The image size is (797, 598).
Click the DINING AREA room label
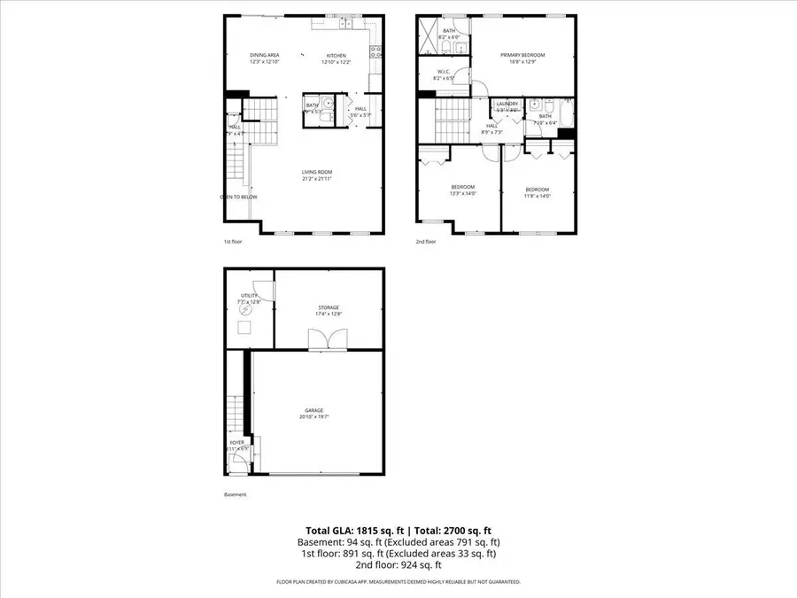tap(264, 55)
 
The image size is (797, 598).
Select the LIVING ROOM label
tap(316, 172)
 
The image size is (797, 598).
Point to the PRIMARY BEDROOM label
tap(527, 55)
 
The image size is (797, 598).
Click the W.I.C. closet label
tap(443, 72)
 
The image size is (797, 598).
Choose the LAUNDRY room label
tap(507, 104)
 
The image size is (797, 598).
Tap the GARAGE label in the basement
tap(314, 410)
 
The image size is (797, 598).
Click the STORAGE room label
tap(329, 307)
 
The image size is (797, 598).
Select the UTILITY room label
tap(249, 296)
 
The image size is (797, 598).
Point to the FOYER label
tap(237, 441)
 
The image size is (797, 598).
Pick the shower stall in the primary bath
tap(428, 35)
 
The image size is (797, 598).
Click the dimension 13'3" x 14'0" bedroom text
tap(464, 194)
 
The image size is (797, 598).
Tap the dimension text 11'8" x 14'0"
tap(538, 196)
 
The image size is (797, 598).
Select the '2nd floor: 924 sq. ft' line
tap(398, 564)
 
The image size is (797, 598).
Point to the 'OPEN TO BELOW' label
tap(239, 197)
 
